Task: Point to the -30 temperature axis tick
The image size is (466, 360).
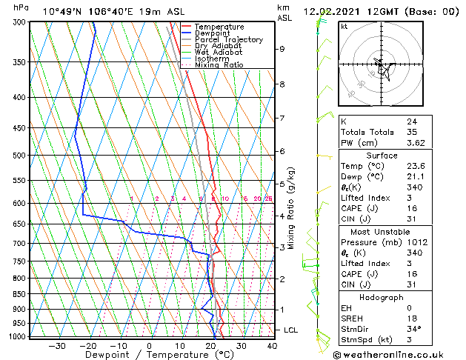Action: pos(56,345)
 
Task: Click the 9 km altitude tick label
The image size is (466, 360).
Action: pos(282,49)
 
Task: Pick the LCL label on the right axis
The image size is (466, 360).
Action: pos(291,330)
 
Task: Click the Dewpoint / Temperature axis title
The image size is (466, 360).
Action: pos(150,355)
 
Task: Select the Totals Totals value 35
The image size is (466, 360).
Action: pos(411,132)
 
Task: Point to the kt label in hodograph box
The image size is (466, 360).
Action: pos(344,27)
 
